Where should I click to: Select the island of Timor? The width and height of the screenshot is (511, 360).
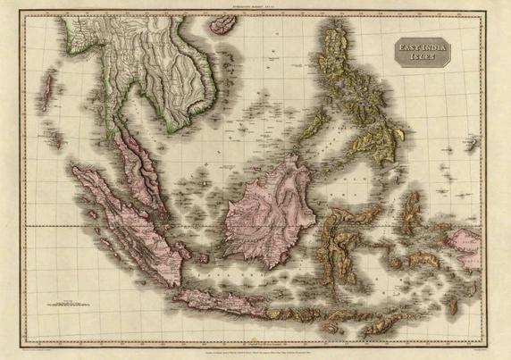pos(393,314)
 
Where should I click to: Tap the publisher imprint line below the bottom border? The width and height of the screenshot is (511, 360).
pos(268,342)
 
